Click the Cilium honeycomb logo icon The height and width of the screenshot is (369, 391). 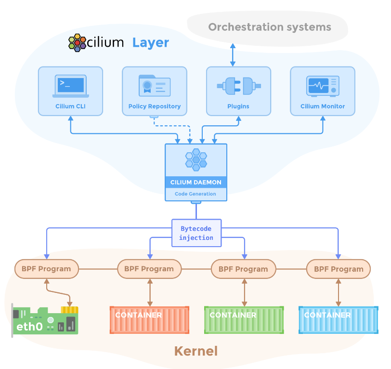coord(77,42)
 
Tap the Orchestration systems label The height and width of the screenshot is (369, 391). coord(270,26)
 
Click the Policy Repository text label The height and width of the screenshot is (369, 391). coord(155,106)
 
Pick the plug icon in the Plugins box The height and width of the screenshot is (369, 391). coord(238,86)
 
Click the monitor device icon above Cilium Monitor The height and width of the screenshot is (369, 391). coord(323,86)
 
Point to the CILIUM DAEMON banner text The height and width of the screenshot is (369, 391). coord(196,183)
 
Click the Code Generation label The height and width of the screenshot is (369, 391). coord(196,194)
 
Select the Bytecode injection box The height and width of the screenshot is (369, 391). coord(196,233)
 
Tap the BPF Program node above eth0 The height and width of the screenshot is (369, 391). coord(46,269)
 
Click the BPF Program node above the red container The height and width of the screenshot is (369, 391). coord(149,269)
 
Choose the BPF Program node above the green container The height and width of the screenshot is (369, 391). coord(244,269)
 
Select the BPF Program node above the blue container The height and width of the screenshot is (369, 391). coord(339,269)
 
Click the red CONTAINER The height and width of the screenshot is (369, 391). coord(149,319)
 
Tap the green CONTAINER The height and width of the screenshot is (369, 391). coord(244,319)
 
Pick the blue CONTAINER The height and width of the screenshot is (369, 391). coord(339,319)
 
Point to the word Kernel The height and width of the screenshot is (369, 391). coord(195,351)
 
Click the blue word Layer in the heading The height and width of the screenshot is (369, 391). coord(151,42)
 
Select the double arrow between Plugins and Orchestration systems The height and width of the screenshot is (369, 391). coord(233,54)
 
